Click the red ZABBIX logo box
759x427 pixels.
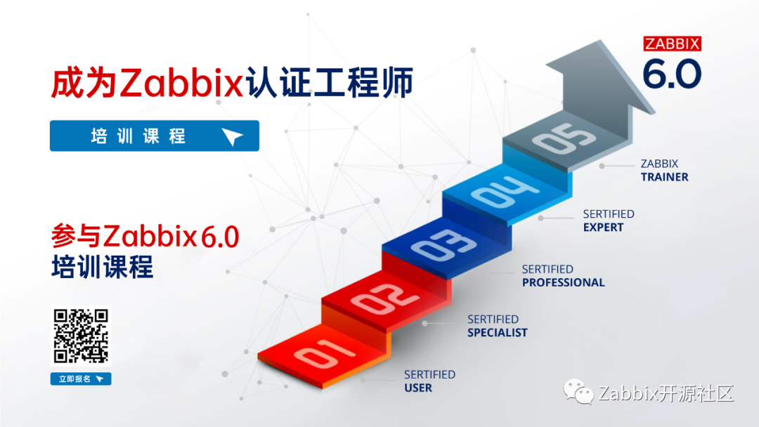[673, 44]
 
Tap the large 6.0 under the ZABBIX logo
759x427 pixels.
[673, 74]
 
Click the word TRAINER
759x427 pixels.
[664, 177]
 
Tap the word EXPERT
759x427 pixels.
[603, 228]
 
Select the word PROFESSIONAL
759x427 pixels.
[563, 282]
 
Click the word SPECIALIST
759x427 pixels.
[497, 332]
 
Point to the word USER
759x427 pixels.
[418, 388]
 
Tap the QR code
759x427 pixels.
[82, 336]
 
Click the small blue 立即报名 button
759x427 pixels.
[81, 379]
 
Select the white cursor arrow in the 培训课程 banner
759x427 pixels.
[232, 137]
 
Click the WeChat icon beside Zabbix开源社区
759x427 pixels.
[580, 392]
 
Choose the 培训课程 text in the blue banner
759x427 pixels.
[138, 136]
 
